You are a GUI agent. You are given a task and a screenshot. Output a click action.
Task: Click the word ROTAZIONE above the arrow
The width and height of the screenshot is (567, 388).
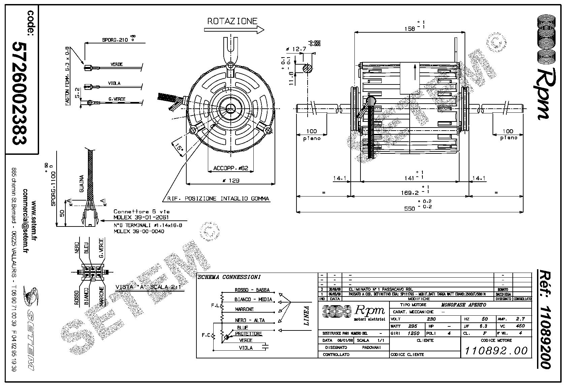point(232,21)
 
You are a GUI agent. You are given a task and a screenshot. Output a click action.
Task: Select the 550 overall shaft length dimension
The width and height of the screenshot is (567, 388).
point(409,209)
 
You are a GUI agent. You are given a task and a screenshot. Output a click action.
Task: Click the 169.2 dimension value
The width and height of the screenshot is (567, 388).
point(410,192)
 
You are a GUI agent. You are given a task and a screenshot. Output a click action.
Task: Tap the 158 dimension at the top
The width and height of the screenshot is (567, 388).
point(409,29)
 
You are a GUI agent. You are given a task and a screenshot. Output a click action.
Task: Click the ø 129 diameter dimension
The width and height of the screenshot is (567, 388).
point(231,181)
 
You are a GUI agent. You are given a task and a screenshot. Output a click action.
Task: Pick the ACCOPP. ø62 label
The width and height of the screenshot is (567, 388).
point(230,168)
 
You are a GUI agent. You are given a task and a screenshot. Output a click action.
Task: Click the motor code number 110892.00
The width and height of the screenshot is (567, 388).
point(496,351)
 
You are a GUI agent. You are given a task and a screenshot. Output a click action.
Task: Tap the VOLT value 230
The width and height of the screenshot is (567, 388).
point(431,319)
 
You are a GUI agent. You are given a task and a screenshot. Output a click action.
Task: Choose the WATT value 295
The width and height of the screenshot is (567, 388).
point(412,326)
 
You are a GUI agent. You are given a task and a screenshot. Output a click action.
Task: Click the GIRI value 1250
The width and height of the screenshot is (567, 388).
point(414,333)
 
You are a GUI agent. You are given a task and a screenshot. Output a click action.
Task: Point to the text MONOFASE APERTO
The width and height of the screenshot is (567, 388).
point(464,305)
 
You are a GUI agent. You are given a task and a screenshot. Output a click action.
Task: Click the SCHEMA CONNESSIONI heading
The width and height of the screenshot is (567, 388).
point(229,277)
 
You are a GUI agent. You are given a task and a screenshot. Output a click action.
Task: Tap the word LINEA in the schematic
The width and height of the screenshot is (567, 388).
point(306,315)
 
